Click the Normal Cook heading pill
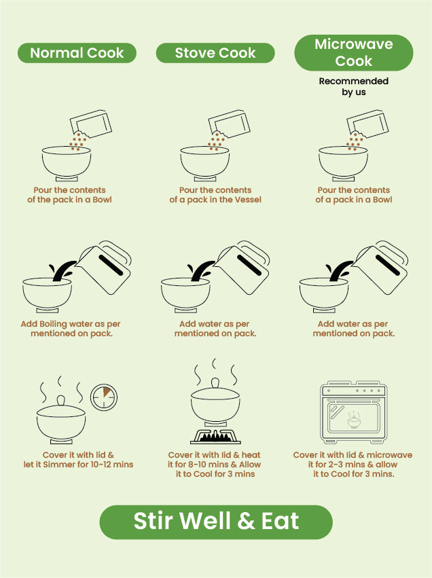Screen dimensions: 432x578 (x=77, y=53)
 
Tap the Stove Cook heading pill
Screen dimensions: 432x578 (x=215, y=53)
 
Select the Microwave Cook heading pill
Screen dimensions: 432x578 (x=353, y=52)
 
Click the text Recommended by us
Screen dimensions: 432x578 (x=353, y=86)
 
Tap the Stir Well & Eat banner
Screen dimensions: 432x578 (x=216, y=522)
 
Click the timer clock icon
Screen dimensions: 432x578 (x=103, y=397)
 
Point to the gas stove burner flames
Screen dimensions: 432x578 (x=215, y=437)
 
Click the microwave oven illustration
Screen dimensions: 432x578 (x=353, y=412)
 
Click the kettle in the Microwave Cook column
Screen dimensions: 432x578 (x=381, y=267)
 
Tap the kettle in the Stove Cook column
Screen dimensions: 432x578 (x=242, y=267)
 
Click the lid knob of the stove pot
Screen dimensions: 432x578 (x=215, y=382)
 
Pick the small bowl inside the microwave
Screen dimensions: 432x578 (x=354, y=421)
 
